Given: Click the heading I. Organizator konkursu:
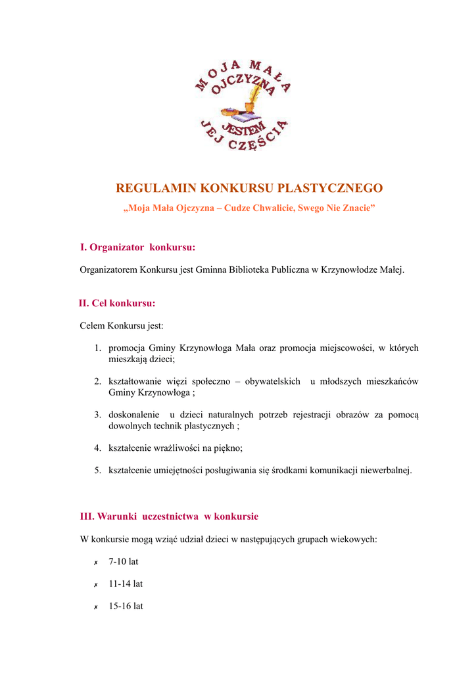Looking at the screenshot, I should pos(137,247).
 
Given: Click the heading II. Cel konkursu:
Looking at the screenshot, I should pos(117,304).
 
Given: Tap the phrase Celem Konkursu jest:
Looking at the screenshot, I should pos(122,326).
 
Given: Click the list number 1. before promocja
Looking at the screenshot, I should pos(97,348).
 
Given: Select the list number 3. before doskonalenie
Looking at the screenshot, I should pos(97,415).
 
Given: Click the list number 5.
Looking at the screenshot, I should pos(97,470).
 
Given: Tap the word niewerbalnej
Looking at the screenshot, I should pos(386,470).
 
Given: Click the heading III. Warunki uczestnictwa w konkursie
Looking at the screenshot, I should pos(169,517).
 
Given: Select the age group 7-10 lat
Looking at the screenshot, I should pos(124,562).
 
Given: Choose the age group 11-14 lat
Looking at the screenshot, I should pos(126,584).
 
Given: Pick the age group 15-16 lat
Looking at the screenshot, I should pos(126,606).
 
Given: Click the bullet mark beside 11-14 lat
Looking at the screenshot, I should pos(96,584).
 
